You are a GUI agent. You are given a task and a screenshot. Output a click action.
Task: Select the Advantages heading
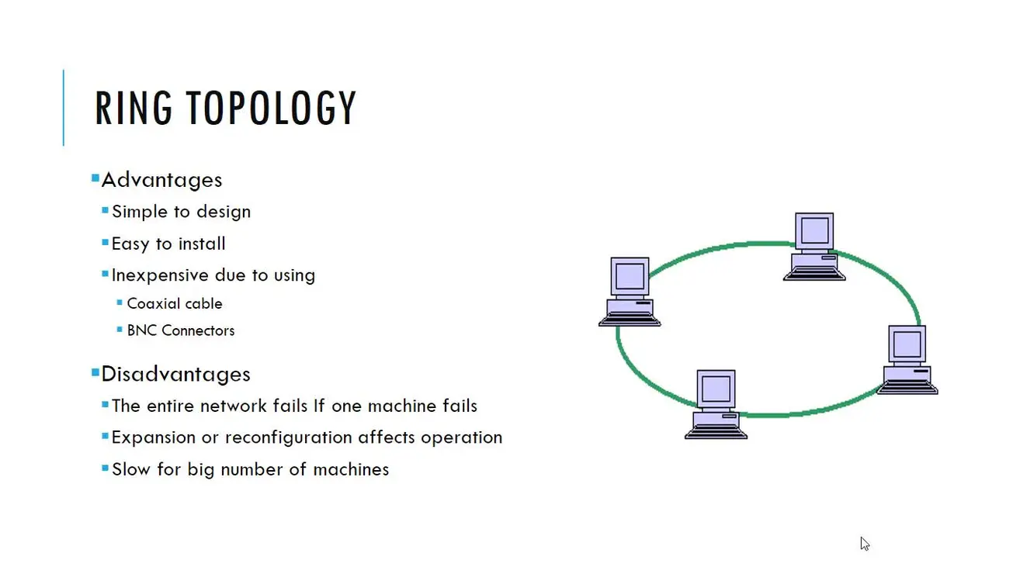coord(161,180)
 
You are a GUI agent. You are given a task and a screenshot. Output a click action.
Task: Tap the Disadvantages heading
coord(175,374)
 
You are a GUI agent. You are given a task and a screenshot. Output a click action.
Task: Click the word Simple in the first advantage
coord(139,212)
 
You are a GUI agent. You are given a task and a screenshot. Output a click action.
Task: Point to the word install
coord(202,244)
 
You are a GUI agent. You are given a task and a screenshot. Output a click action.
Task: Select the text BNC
coord(141,330)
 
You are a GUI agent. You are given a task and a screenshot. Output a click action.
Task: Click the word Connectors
coord(198,330)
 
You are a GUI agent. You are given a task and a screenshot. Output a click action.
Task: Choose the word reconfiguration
coord(288,437)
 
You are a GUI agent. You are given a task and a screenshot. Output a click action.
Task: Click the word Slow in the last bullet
coord(131,469)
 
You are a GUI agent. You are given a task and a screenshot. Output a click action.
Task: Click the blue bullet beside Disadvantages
coord(95,373)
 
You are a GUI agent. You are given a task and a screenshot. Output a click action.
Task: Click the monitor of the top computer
coord(814,230)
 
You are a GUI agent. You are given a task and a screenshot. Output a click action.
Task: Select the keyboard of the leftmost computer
coord(630,320)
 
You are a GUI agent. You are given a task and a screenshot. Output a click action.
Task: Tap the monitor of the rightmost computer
coord(907,344)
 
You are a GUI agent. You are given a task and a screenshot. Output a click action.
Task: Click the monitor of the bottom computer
coord(716,389)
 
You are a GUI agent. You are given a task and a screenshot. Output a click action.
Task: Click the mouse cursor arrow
coord(865,544)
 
